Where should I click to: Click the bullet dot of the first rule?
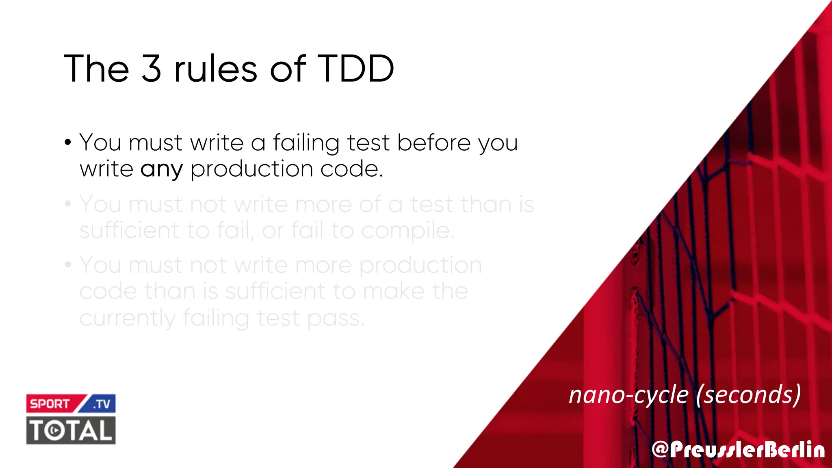pyautogui.click(x=68, y=143)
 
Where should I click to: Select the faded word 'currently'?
pyautogui.click(x=127, y=318)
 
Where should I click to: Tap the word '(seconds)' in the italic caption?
pyautogui.click(x=748, y=394)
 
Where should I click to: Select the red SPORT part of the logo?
pyautogui.click(x=51, y=404)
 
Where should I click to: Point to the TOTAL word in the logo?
pyautogui.click(x=71, y=430)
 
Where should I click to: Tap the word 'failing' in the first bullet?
pyautogui.click(x=306, y=143)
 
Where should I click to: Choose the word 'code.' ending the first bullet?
pyautogui.click(x=352, y=169)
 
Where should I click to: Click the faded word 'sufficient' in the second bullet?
pyautogui.click(x=129, y=230)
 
